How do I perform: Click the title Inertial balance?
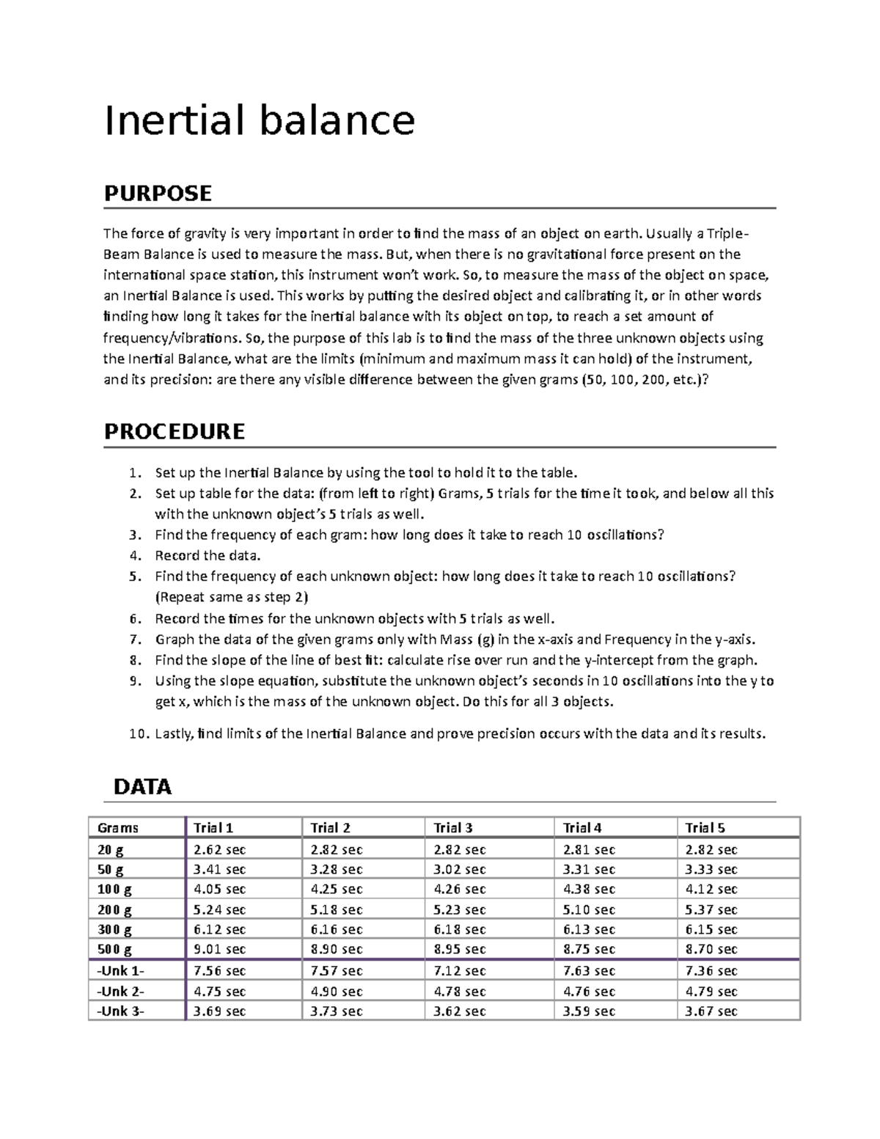[260, 120]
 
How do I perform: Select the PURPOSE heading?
[158, 194]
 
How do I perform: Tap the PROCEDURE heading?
[175, 431]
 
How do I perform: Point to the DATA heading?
[142, 787]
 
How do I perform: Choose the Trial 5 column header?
[705, 828]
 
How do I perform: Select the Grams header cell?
[118, 828]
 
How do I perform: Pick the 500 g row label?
[115, 949]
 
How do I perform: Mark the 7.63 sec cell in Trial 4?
[589, 971]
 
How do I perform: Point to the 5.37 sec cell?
[711, 909]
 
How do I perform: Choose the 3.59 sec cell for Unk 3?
[589, 1011]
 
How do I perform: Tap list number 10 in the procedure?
[137, 734]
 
